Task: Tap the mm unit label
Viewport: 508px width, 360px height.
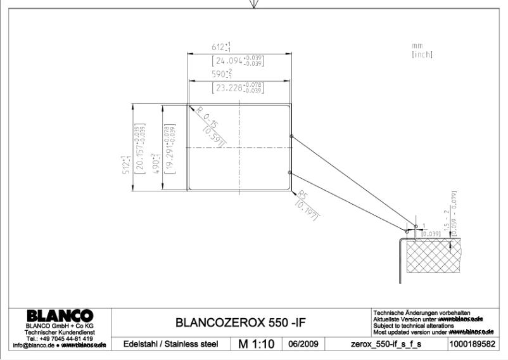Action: (417, 46)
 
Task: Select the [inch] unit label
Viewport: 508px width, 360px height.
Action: (421, 55)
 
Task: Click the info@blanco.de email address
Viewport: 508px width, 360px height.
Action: (35, 345)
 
